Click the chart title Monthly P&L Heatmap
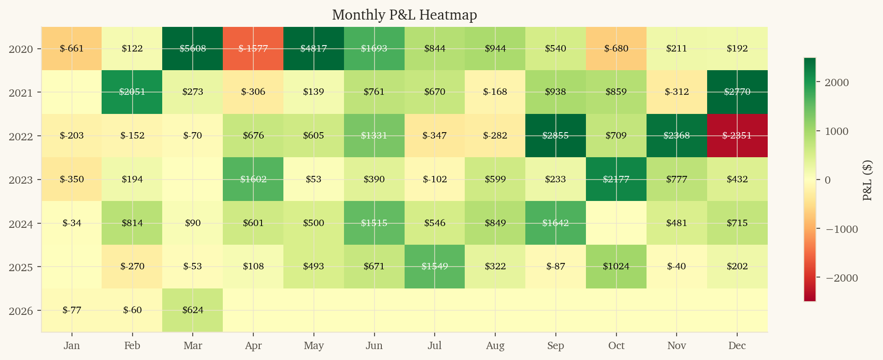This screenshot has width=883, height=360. (404, 15)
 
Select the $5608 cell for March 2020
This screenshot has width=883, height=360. (193, 48)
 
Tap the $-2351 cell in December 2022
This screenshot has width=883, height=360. (737, 136)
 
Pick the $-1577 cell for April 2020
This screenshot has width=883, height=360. (253, 48)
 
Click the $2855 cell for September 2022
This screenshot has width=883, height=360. (555, 136)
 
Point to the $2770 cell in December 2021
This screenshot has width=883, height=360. (737, 92)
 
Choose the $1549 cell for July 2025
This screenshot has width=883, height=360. (435, 267)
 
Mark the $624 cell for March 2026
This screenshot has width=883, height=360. (193, 310)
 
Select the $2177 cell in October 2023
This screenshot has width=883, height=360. (616, 179)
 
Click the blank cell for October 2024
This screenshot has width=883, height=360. (616, 223)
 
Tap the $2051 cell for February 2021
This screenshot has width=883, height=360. (132, 92)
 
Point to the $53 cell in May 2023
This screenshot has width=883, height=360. (313, 179)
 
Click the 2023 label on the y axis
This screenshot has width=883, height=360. (21, 180)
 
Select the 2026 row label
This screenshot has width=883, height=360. (21, 311)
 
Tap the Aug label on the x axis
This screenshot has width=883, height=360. (495, 345)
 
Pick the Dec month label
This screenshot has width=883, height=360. (737, 345)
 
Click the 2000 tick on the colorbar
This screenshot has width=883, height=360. (836, 82)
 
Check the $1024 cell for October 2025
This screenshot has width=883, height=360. (616, 267)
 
